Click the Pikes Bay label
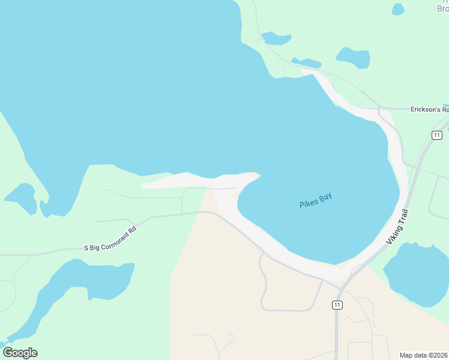pos(316,200)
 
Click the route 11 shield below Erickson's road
pos(436,134)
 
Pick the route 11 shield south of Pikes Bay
pos(338,305)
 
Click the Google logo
pos(20,353)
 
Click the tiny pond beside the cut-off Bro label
pos(398,9)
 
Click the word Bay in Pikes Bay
pos(325,197)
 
